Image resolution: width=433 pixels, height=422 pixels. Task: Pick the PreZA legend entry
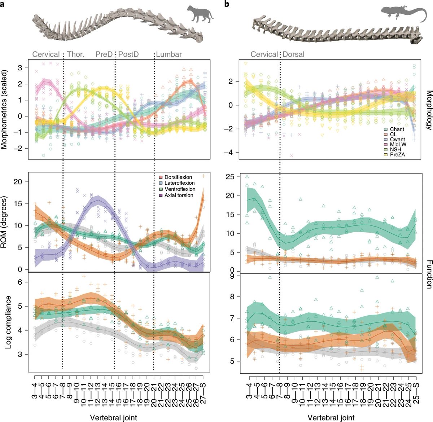[397, 154]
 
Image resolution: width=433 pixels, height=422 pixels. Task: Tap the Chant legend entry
[397, 129]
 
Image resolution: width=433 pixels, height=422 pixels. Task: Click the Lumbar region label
[169, 54]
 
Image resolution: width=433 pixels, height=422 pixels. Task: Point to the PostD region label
[128, 54]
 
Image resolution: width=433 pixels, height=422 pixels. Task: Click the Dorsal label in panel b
[293, 54]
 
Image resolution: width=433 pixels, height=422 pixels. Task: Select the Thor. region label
[76, 54]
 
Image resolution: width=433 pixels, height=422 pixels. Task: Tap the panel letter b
[226, 4]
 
